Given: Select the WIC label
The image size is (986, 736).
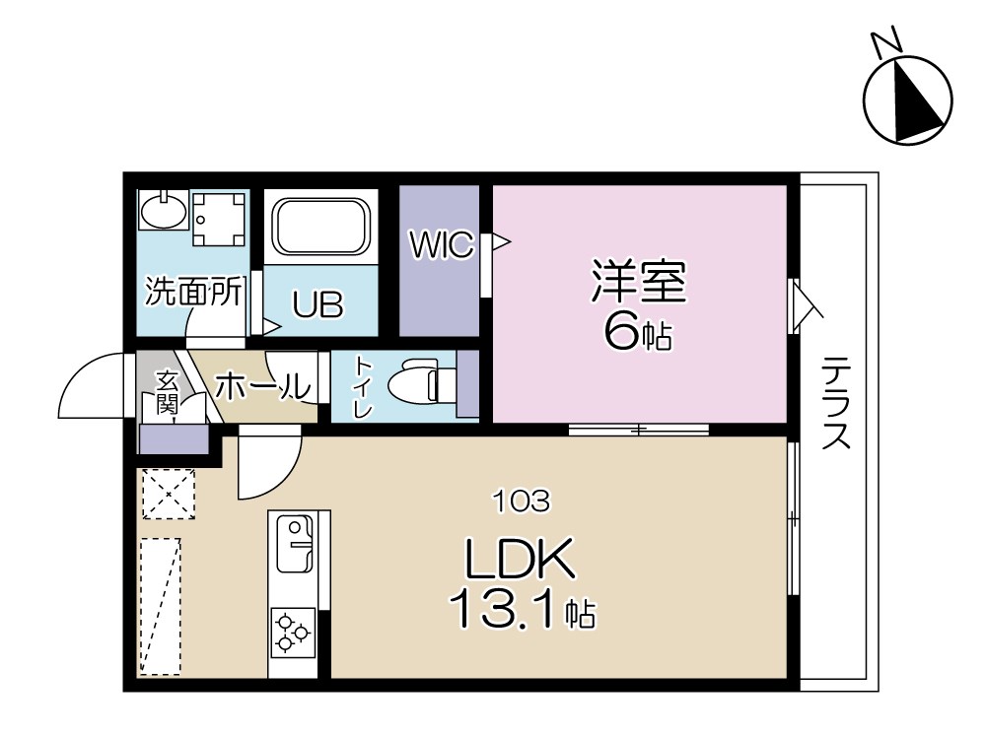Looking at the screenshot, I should tap(442, 245).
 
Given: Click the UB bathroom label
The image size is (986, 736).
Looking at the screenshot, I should tap(317, 306).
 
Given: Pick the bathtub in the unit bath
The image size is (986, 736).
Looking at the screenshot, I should tap(320, 226).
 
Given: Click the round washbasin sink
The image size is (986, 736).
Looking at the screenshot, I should tap(162, 210).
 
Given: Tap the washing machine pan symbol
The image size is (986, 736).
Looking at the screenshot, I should tap(218, 218).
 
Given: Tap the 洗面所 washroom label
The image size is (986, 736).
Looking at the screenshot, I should tap(193, 292).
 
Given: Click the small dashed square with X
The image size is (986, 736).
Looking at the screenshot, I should tap(169, 494).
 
